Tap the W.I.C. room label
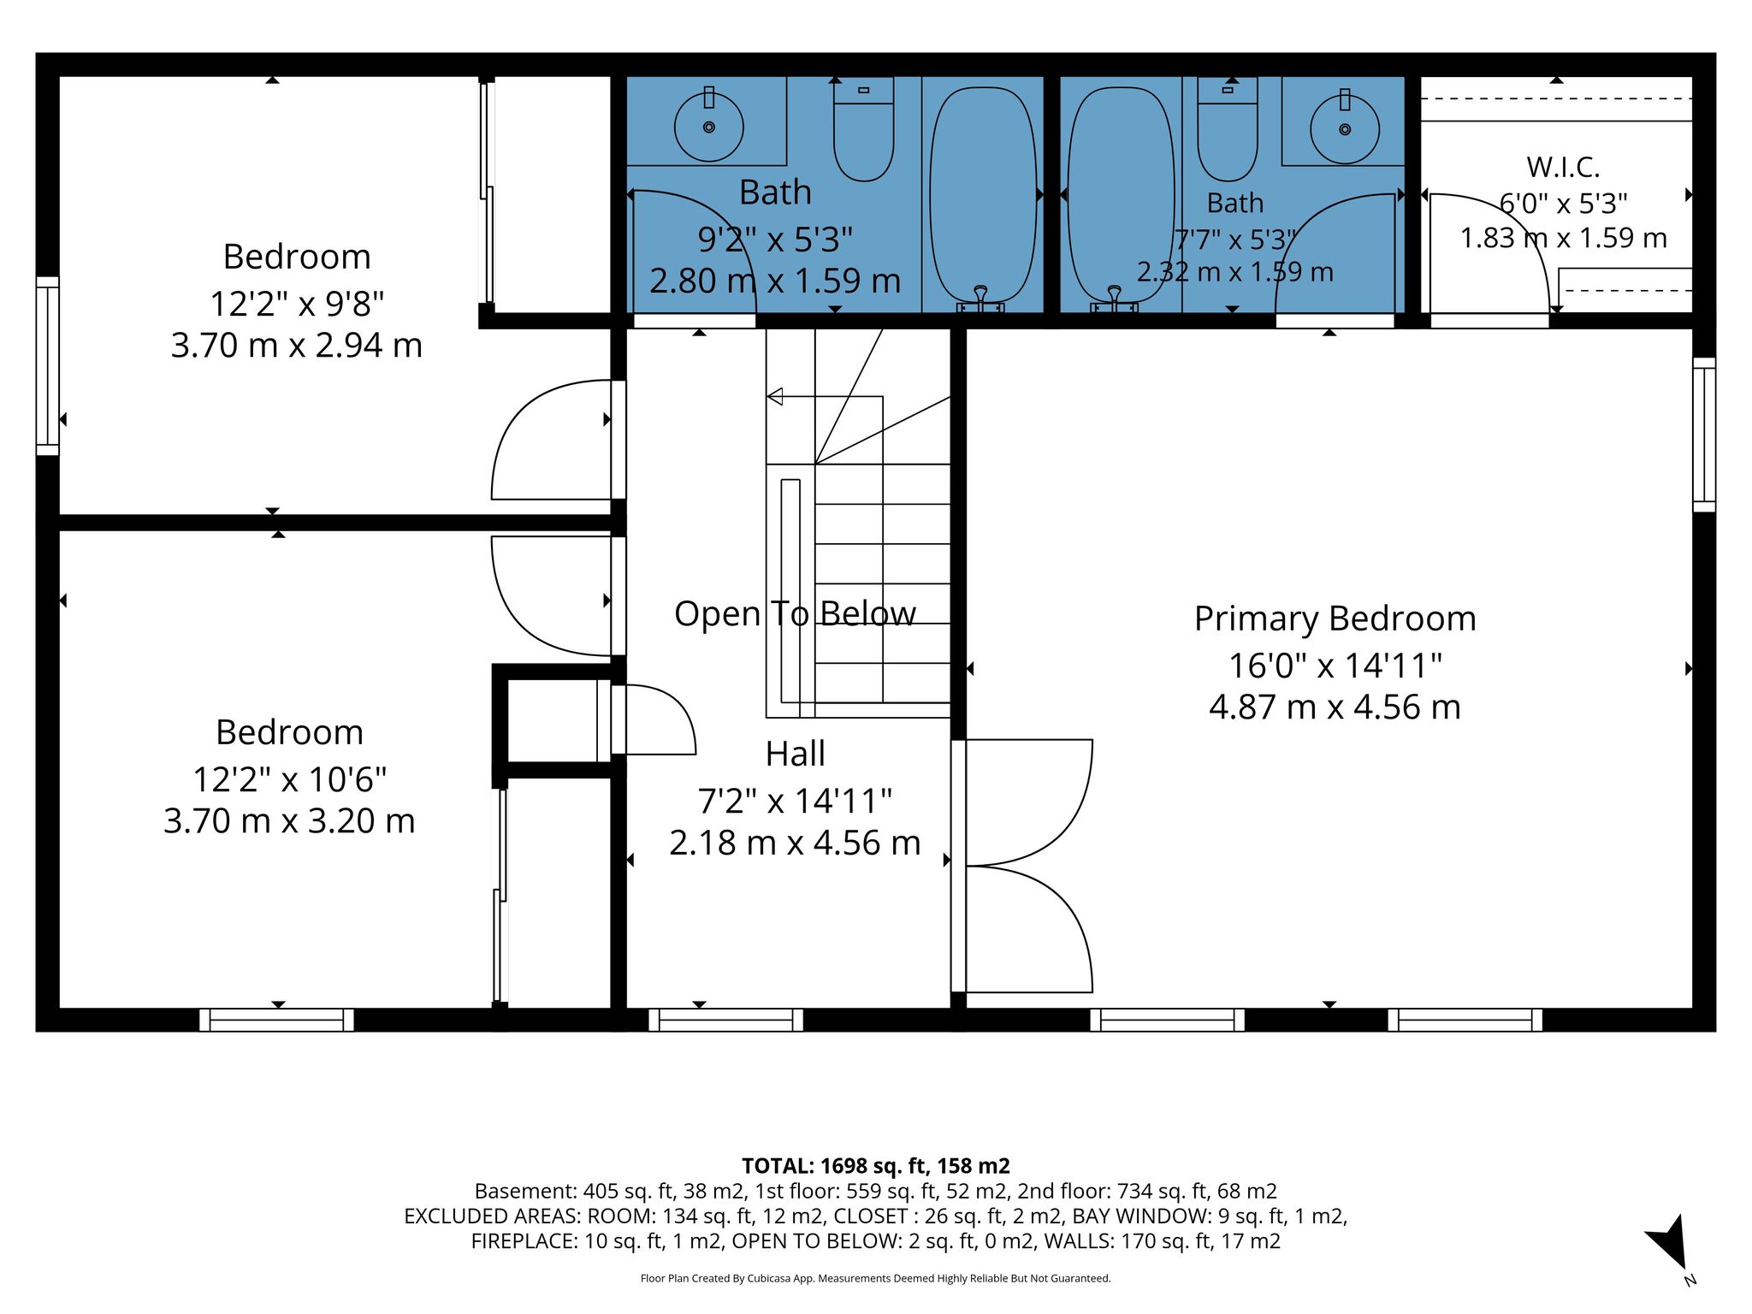[x=1563, y=166]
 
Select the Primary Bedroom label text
[x=1335, y=619]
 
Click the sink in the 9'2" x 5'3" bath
[x=708, y=126]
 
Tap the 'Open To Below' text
[x=795, y=613]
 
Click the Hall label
[x=795, y=754]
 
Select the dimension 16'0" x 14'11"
[x=1335, y=665]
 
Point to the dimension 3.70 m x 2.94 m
[x=296, y=345]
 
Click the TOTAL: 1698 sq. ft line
[x=875, y=1165]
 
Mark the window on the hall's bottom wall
[x=725, y=1020]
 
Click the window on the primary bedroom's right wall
[x=1704, y=435]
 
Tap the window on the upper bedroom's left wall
[x=48, y=365]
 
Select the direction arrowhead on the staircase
[x=774, y=396]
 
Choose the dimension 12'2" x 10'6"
[x=289, y=779]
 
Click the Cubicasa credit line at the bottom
[x=875, y=1278]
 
